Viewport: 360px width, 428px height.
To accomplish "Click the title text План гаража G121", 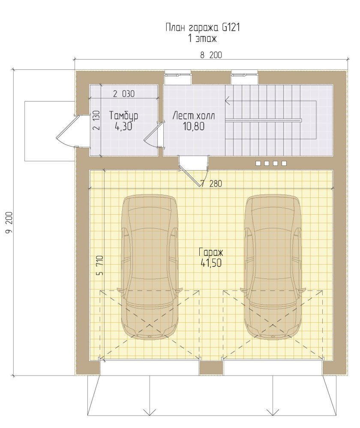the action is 203,27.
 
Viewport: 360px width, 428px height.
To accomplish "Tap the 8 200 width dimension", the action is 211,55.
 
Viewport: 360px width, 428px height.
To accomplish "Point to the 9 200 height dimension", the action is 9,222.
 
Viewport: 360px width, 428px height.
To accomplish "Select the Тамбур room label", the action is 124,116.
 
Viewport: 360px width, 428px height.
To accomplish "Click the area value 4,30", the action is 124,126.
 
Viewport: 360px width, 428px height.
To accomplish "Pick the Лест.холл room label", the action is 194,116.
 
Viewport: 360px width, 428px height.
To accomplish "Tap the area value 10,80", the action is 194,126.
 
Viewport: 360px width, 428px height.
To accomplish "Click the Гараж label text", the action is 211,251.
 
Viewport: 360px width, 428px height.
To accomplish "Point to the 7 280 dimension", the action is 212,184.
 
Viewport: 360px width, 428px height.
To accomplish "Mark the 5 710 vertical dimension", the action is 100,265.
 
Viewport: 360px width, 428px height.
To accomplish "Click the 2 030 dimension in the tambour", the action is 124,94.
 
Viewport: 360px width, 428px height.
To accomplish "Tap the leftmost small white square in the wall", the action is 258,163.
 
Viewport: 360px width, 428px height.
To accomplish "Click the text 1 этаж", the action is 202,39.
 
